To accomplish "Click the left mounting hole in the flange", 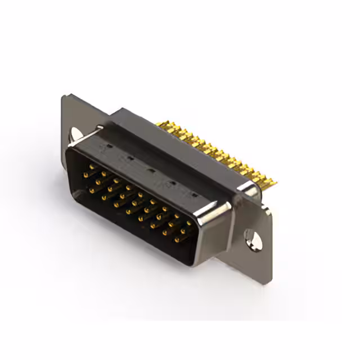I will [x=74, y=134].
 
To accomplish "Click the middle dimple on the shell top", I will [x=151, y=170].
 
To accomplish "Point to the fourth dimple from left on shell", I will [x=173, y=183].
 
